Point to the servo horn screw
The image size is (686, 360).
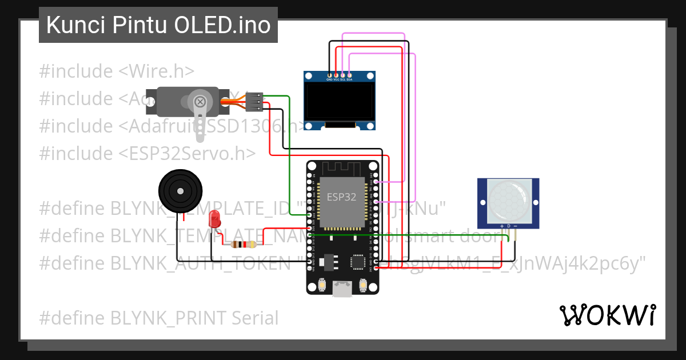(200, 102)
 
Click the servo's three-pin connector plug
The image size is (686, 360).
(254, 102)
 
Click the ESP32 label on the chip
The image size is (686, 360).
(341, 197)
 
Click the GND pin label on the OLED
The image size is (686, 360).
(329, 80)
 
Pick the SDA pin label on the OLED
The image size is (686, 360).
(349, 80)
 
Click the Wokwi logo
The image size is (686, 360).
(607, 315)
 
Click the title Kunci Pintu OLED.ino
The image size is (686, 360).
(158, 25)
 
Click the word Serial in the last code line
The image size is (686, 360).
(255, 318)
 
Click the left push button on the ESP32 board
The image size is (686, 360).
(322, 284)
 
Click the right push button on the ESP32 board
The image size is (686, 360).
(362, 284)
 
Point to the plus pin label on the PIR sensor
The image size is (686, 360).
(502, 226)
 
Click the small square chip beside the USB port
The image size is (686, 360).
(357, 262)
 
